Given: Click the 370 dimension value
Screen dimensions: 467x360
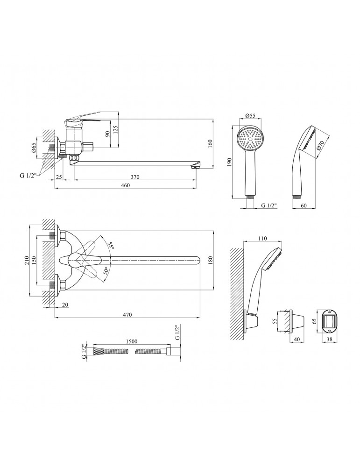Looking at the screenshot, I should tap(134, 177).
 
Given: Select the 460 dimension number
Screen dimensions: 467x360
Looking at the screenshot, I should tap(125, 185).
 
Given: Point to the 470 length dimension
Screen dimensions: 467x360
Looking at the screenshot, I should tap(127, 315).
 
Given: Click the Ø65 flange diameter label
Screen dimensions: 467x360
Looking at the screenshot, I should tap(34, 149).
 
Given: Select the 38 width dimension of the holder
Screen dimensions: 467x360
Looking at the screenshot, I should tap(330, 340).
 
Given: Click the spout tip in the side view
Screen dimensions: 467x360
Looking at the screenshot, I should tap(198, 165).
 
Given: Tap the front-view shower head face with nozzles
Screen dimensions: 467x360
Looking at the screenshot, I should tap(251, 139).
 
